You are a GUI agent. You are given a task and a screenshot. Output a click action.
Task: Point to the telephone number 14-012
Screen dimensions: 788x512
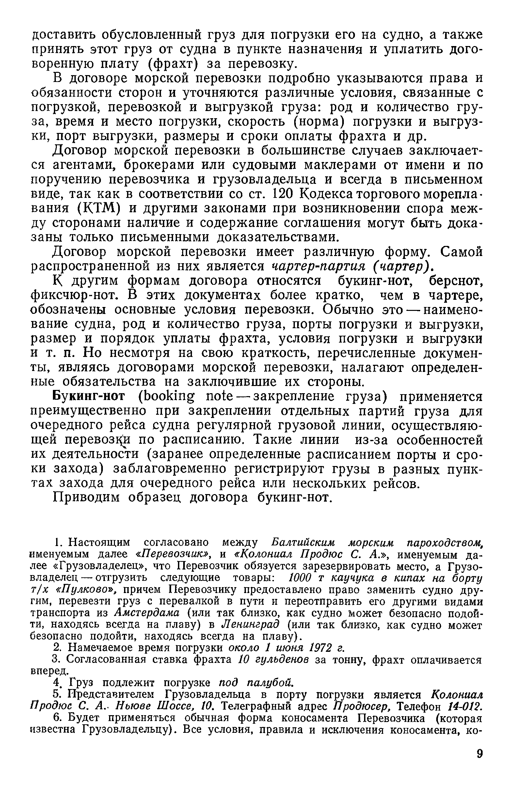click(x=464, y=707)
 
